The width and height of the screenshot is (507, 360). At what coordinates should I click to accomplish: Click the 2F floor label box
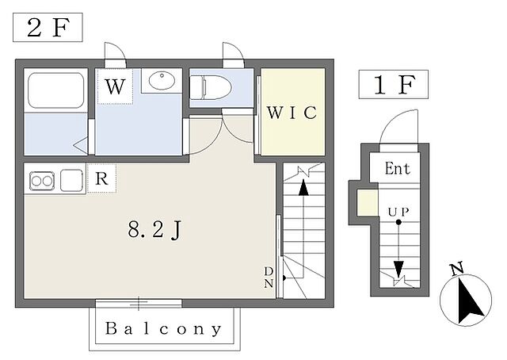(48, 27)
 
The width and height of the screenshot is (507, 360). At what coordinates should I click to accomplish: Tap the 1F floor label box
(394, 84)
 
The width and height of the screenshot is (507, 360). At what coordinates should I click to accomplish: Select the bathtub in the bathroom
(56, 90)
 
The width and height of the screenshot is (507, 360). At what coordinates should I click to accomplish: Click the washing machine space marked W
(115, 86)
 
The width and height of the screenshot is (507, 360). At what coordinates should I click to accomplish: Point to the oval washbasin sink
(162, 80)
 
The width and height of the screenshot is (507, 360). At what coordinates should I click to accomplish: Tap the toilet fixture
(210, 87)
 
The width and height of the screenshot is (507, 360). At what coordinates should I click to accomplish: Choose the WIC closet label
(292, 113)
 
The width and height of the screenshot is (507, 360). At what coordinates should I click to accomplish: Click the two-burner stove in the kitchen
(42, 181)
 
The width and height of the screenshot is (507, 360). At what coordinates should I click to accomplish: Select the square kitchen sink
(71, 181)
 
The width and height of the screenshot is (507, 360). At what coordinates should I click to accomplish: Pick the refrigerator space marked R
(101, 178)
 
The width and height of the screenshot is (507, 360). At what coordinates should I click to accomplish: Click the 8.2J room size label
(154, 229)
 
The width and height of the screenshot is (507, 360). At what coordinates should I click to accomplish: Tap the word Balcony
(164, 328)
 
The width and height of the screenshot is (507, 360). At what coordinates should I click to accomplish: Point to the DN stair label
(269, 278)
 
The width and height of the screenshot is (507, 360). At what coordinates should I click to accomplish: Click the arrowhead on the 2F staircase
(303, 188)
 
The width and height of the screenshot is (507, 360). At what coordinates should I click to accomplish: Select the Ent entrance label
(398, 168)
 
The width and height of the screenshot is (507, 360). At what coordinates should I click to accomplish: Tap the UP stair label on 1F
(398, 212)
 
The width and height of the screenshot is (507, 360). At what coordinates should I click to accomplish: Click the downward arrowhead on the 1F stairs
(398, 268)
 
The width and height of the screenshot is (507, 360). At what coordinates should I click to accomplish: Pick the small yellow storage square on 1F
(368, 203)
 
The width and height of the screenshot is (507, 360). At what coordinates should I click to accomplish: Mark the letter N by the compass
(457, 269)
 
